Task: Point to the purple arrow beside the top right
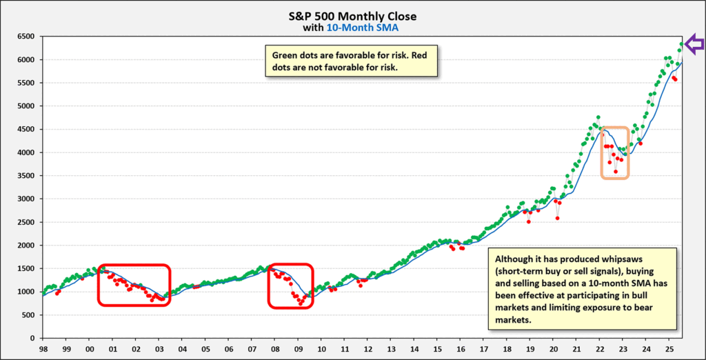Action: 694,44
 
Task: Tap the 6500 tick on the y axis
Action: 26,37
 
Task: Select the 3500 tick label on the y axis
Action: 26,176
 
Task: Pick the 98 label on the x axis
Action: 43,350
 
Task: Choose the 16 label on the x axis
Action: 460,350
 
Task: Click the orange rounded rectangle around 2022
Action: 614,152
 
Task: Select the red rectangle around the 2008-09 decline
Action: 291,286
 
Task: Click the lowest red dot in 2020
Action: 556,218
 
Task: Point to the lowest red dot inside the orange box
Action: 616,172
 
